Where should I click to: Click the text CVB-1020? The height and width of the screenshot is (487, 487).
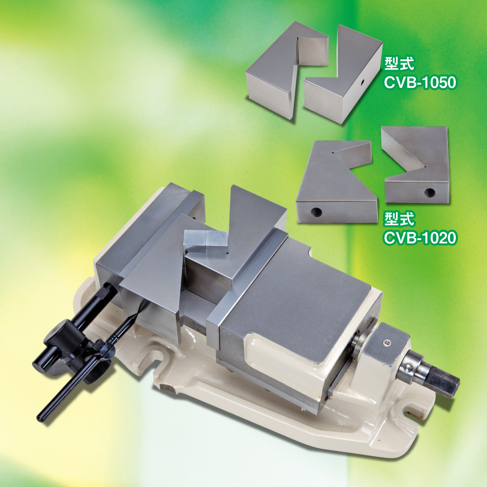click(x=420, y=238)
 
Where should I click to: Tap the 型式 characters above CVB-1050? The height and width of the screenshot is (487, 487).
click(x=399, y=64)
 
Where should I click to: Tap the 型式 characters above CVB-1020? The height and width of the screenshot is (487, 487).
click(x=399, y=219)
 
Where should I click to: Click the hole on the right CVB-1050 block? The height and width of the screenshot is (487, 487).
click(x=362, y=83)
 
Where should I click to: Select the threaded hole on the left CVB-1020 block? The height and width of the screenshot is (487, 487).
click(x=316, y=213)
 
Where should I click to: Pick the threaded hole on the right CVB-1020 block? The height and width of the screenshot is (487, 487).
click(x=430, y=193)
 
